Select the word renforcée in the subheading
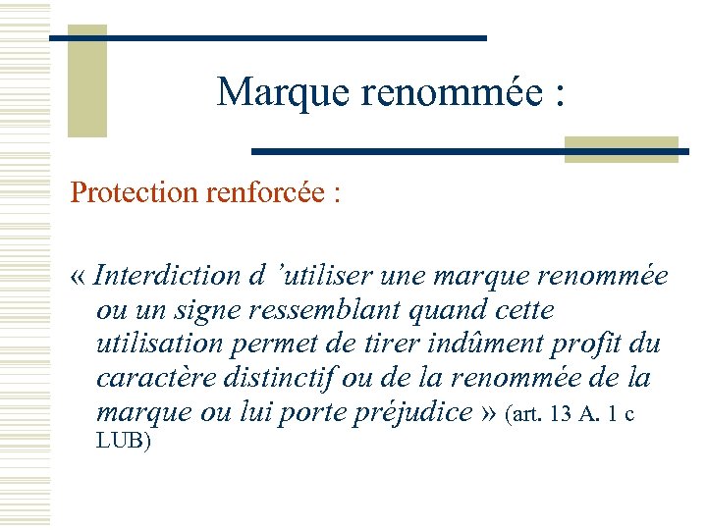point(265,192)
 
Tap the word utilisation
point(155,344)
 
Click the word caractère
point(157,379)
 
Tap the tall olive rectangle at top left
point(86,83)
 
